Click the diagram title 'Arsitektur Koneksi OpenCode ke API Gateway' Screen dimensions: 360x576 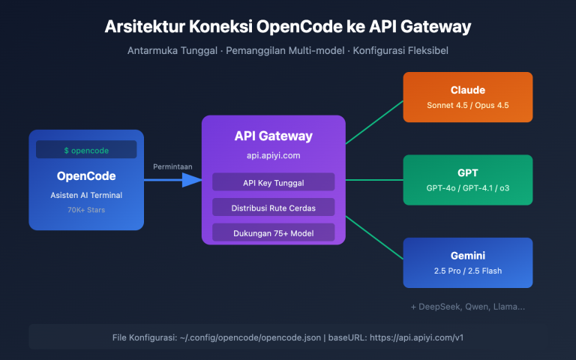[288, 28]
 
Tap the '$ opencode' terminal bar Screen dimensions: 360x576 [86, 150]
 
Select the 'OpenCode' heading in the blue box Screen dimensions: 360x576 [86, 176]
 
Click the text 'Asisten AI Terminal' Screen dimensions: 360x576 [86, 196]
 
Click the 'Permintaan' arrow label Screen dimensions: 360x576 [172, 166]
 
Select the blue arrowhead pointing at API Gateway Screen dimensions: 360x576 [193, 179]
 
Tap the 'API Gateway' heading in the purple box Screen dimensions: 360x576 [273, 136]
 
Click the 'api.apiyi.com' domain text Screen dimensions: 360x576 [273, 155]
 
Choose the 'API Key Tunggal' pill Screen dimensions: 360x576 [273, 181]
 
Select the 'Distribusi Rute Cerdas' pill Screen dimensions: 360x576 [273, 207]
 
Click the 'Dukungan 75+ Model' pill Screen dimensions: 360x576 [273, 232]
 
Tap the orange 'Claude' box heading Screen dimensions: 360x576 [468, 90]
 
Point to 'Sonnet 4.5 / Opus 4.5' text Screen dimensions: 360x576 [468, 106]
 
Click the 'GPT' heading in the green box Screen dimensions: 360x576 [468, 172]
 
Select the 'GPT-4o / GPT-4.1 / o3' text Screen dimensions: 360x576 [468, 189]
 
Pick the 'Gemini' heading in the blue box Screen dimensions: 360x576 [468, 256]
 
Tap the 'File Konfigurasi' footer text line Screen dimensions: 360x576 [288, 337]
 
